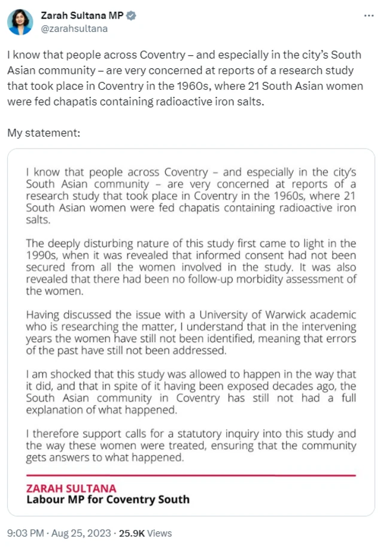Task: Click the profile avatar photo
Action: [20, 22]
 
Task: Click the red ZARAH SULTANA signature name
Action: [71, 488]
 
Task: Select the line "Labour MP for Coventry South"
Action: [108, 499]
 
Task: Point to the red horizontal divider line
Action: [191, 476]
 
